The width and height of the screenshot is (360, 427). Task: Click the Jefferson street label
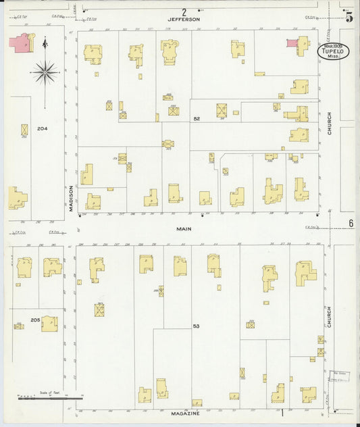pos(184,20)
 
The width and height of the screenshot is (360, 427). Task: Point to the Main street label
pos(184,229)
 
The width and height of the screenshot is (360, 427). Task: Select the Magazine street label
pos(184,413)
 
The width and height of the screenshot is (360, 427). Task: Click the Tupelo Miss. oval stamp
pos(334,52)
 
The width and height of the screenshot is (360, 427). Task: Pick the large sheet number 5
pos(349,17)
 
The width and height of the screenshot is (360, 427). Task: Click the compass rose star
pos(45,70)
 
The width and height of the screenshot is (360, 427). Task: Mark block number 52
pos(197,119)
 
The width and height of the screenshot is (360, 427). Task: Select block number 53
pos(197,326)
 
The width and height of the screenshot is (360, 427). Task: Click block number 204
pos(43,128)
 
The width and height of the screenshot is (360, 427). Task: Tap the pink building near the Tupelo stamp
pos(292,43)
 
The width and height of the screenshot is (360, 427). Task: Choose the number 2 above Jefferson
pos(184,11)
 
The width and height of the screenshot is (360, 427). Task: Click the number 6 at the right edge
pos(351,224)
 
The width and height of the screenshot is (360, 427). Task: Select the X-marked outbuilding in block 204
pos(25,129)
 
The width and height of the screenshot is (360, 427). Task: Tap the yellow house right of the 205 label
pos(49,324)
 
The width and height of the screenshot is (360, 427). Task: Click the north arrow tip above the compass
pos(45,41)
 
